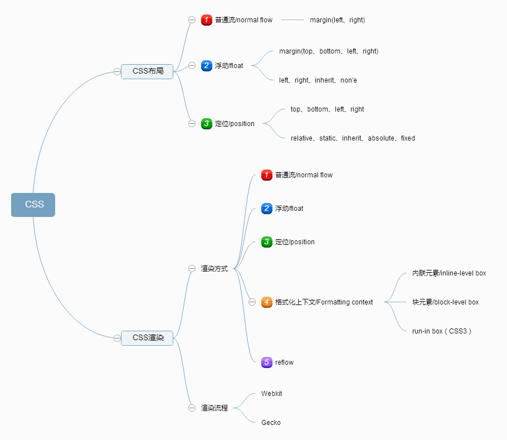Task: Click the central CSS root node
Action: click(33, 205)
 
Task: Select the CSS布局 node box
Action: click(148, 71)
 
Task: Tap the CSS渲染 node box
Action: click(148, 338)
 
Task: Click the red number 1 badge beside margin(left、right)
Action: click(207, 20)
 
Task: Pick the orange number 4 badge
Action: click(267, 302)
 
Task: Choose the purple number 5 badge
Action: click(267, 362)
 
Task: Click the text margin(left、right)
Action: click(337, 20)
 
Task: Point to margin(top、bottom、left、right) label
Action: click(329, 51)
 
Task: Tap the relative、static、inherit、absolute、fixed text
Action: click(353, 138)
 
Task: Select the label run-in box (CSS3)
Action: click(442, 331)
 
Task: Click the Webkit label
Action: click(272, 394)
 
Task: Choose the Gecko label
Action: click(271, 423)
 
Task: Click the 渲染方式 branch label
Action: click(214, 269)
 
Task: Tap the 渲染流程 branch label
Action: click(214, 408)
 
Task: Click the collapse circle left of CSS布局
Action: click(117, 71)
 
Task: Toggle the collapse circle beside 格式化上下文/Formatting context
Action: click(252, 302)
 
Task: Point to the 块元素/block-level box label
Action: click(445, 302)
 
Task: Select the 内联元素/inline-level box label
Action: click(449, 273)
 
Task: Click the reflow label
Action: click(284, 362)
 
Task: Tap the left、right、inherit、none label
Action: click(318, 80)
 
